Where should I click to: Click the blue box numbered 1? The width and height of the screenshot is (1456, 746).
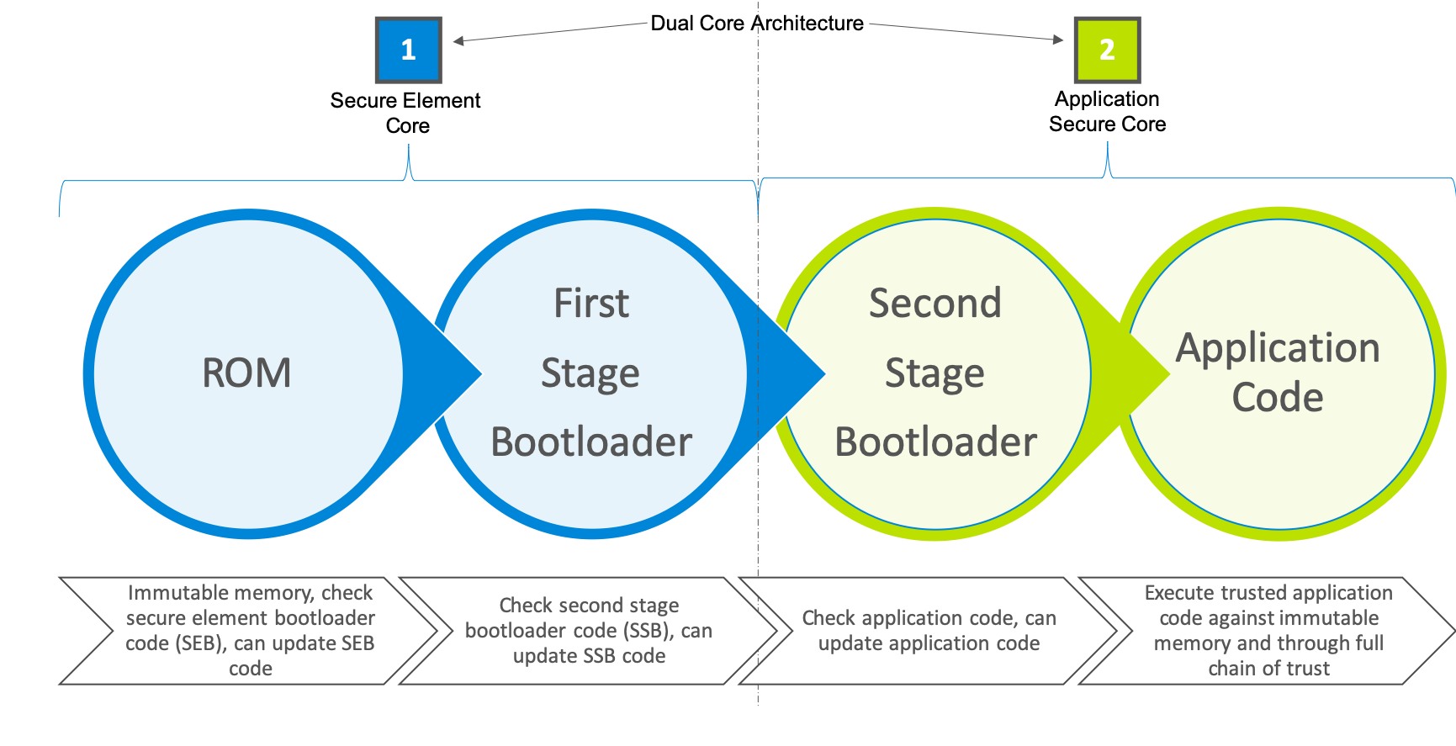pyautogui.click(x=408, y=50)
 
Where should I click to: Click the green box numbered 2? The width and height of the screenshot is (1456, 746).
pyautogui.click(x=1107, y=50)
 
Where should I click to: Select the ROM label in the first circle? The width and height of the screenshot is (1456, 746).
pyautogui.click(x=246, y=373)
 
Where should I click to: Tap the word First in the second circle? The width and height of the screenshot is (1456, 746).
pyautogui.click(x=591, y=304)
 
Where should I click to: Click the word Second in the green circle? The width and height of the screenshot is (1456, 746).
pyautogui.click(x=935, y=304)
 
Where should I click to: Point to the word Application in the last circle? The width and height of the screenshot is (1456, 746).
pyautogui.click(x=1278, y=348)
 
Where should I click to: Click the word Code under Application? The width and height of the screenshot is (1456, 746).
pyautogui.click(x=1278, y=397)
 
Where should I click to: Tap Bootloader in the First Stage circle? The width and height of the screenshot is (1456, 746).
pyautogui.click(x=591, y=442)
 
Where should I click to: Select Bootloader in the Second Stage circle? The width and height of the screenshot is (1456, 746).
pyautogui.click(x=935, y=442)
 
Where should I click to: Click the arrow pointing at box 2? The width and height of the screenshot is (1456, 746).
pyautogui.click(x=967, y=32)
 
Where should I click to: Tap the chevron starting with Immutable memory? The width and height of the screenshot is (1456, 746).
pyautogui.click(x=250, y=630)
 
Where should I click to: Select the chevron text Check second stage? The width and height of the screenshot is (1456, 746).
pyautogui.click(x=589, y=606)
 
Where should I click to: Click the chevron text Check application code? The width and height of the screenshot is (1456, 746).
pyautogui.click(x=929, y=618)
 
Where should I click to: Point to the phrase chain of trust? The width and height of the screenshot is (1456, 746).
pyautogui.click(x=1268, y=669)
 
